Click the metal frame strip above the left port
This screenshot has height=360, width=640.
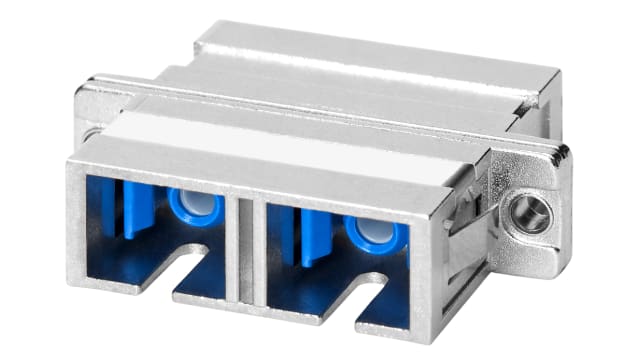[160, 174]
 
